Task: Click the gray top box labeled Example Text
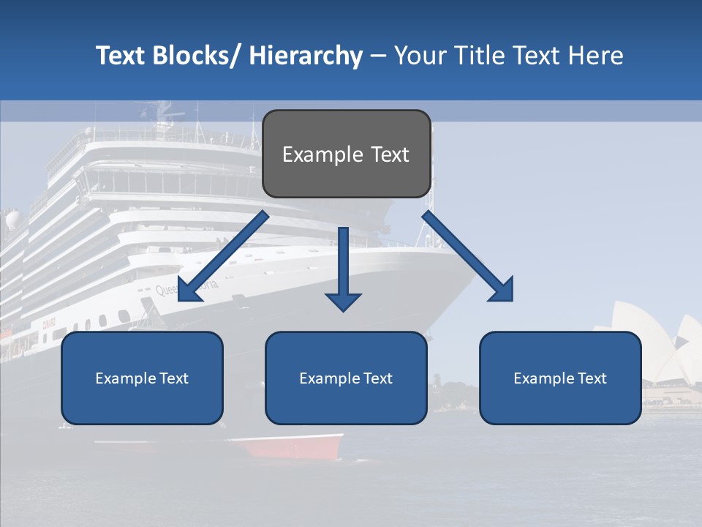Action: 346,154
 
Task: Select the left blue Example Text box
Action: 142,378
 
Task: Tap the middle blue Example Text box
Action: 346,378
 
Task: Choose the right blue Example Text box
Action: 560,378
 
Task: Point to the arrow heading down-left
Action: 222,257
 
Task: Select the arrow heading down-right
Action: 468,257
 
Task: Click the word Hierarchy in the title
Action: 306,56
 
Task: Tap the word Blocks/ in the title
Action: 197,56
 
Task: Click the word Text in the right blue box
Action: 592,378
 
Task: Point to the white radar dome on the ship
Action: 13,220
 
